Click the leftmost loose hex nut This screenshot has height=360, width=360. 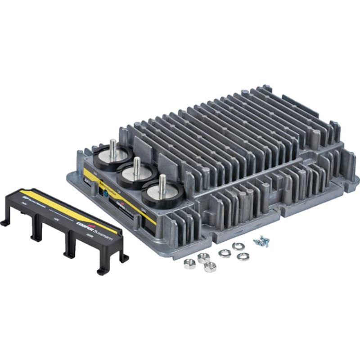point(189,264)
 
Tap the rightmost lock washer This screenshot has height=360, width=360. point(243,256)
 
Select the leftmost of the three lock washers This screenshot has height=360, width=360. point(224,253)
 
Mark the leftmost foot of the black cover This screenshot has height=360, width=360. point(4,222)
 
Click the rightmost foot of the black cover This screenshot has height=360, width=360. point(124,257)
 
